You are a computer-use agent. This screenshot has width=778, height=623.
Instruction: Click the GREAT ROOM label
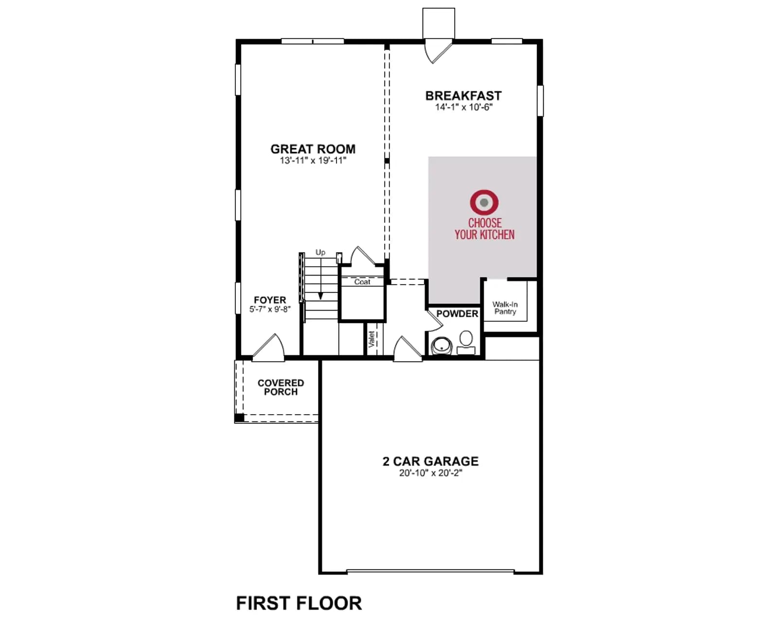(313, 149)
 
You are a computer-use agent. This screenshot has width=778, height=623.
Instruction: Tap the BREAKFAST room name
(463, 95)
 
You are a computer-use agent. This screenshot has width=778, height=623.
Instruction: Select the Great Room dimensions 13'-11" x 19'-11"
(313, 160)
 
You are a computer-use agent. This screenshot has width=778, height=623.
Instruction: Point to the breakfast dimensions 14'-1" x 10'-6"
(464, 107)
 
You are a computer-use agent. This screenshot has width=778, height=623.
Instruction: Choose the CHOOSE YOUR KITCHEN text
(484, 229)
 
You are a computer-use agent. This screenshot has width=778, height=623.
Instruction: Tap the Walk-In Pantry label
(505, 308)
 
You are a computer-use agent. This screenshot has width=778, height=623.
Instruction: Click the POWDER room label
(457, 313)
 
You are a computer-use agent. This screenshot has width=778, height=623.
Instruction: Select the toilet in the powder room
(466, 343)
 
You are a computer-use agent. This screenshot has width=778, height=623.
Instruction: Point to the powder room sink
(442, 346)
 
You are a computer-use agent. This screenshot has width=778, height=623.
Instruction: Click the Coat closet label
(362, 282)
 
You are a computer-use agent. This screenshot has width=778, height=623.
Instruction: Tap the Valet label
(371, 339)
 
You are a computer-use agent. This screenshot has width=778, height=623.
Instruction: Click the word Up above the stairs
(320, 252)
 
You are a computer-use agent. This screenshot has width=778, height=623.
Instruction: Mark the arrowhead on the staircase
(320, 296)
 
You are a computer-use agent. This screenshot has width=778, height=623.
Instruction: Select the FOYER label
(270, 300)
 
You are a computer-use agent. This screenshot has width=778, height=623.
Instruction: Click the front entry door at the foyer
(268, 348)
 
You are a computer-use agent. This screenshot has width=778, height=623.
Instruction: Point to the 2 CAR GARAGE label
(431, 461)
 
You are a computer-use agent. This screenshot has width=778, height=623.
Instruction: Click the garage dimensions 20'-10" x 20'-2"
(431, 473)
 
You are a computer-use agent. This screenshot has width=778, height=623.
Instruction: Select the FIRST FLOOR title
(299, 603)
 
